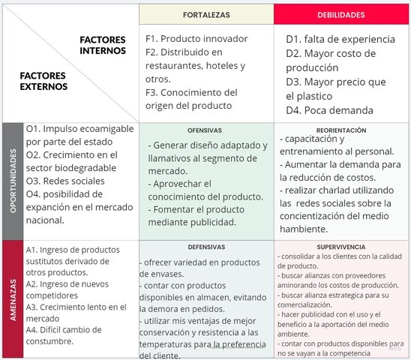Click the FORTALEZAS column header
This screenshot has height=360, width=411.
pyautogui.click(x=206, y=15)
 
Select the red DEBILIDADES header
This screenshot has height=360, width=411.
pyautogui.click(x=341, y=15)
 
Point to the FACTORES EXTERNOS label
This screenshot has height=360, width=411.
pyautogui.click(x=43, y=81)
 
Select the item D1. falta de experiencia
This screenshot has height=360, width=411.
pyautogui.click(x=340, y=39)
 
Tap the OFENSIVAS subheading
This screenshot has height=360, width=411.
pyautogui.click(x=205, y=130)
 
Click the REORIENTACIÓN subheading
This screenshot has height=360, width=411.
pyautogui.click(x=340, y=130)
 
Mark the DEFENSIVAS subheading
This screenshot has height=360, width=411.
pyautogui.click(x=205, y=246)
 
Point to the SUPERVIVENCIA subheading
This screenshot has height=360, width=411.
pyautogui.click(x=340, y=246)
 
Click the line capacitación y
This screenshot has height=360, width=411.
pyautogui.click(x=313, y=139)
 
